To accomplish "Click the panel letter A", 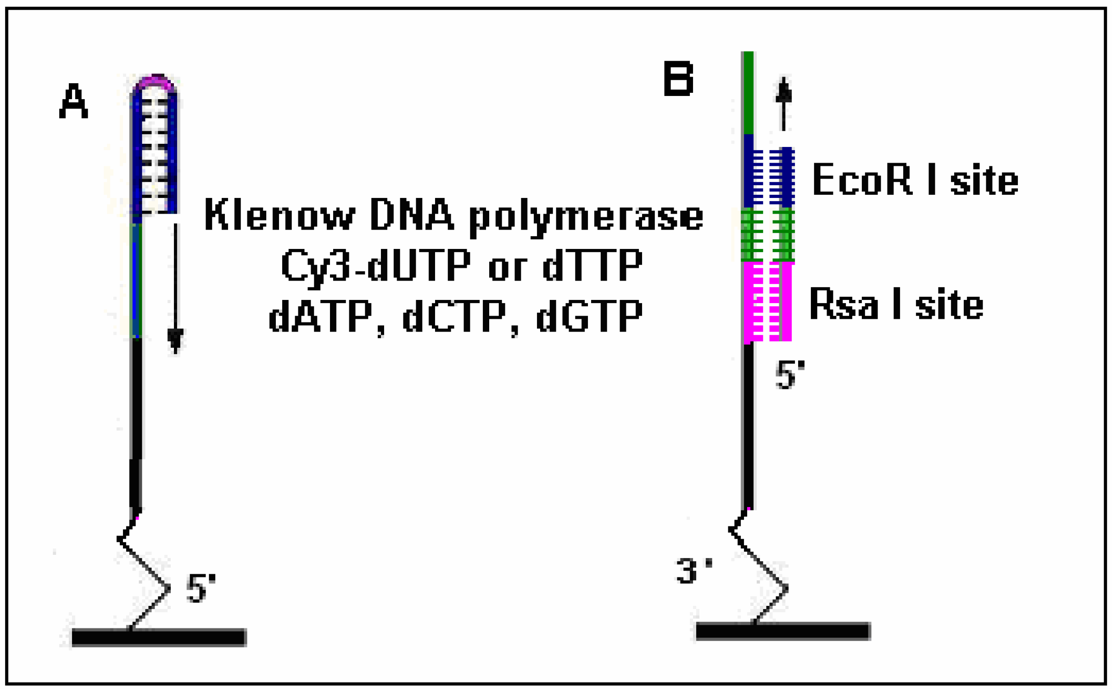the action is point(73,101).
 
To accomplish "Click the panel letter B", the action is point(678,79).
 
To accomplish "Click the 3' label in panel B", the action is point(693,571).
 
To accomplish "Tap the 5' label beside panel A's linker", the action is point(201,588).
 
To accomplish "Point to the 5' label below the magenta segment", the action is point(790,375).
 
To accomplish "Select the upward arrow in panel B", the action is point(783,103).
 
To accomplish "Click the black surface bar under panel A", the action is point(159,638).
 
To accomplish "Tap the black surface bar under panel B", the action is point(783,631).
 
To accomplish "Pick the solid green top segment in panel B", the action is point(748,92).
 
